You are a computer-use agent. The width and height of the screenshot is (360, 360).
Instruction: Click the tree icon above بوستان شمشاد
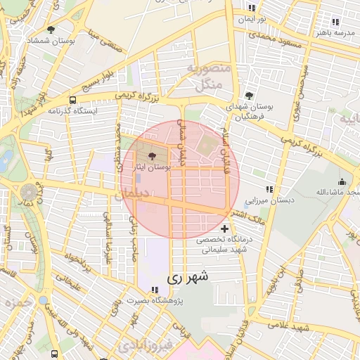[x=51, y=30]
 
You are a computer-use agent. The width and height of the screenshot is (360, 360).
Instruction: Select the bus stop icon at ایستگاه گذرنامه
[x=73, y=100]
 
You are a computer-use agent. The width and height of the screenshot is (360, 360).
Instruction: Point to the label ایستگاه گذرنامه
[x=72, y=110]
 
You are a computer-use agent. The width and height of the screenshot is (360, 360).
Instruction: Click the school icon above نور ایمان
[x=252, y=8]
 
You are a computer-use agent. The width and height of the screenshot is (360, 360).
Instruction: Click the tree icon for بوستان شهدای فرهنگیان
[x=248, y=95]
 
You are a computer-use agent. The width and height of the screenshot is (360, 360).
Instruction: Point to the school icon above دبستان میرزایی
[x=269, y=189]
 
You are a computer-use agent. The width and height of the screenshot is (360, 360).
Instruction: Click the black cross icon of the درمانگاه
[x=224, y=229]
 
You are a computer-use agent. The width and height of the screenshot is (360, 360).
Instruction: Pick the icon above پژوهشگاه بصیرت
[x=155, y=290]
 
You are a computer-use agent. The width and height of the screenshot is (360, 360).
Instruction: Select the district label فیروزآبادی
[x=141, y=346]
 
